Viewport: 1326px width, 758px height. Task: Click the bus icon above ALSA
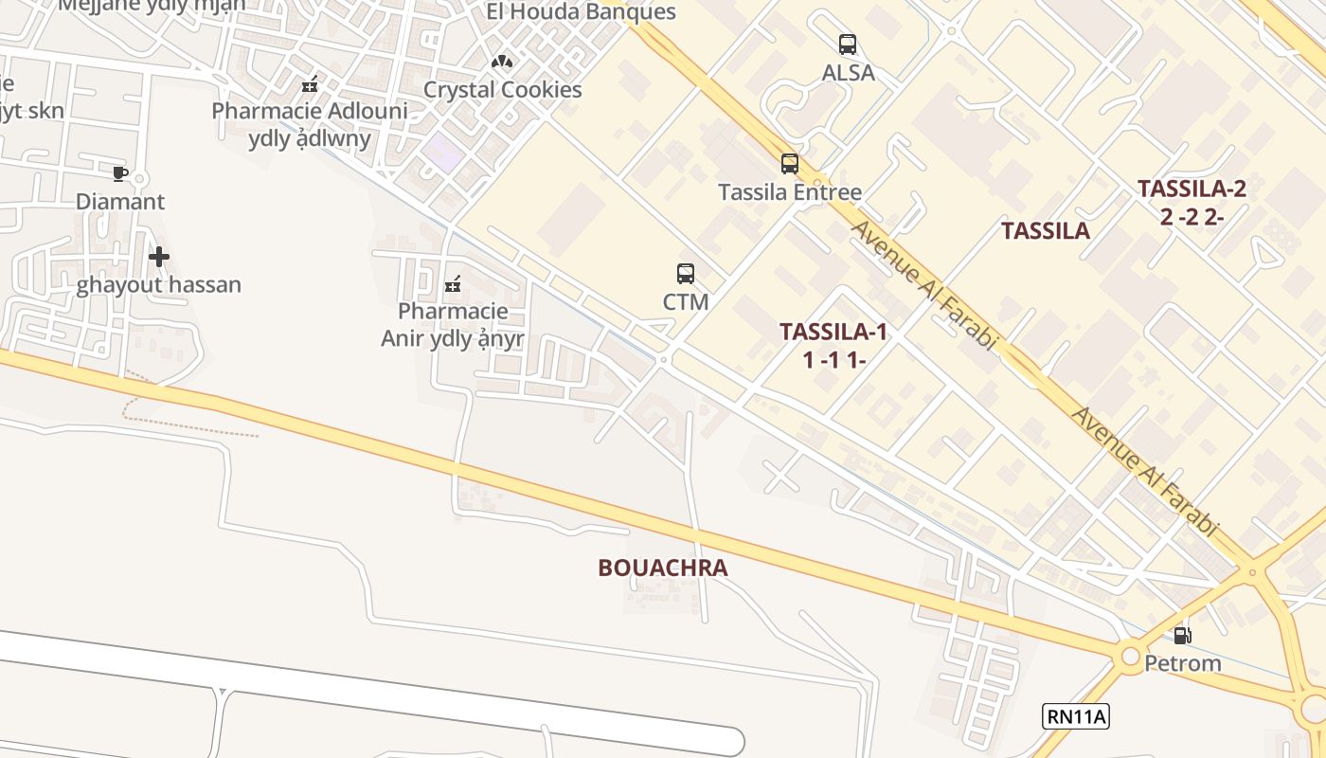point(848,44)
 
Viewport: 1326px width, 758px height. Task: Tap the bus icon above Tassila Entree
point(790,164)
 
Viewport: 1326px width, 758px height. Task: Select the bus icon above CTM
point(686,274)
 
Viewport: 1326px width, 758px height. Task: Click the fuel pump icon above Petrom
point(1182,636)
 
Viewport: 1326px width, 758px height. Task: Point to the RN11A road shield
point(1076,716)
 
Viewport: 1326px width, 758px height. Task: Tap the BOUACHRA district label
point(663,568)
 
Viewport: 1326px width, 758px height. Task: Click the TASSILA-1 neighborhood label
point(833,332)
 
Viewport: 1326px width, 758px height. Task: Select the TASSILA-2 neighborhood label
point(1192,189)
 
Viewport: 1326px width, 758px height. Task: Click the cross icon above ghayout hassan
point(159,257)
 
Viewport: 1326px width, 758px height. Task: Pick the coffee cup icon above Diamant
point(119,173)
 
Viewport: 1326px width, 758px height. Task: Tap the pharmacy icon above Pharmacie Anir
point(453,283)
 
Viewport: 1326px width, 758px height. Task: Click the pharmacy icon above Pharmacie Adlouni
point(309,84)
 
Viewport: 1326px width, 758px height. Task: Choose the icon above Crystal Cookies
point(502,63)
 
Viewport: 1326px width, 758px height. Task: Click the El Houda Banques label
point(581,12)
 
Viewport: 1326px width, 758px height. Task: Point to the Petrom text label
point(1183,663)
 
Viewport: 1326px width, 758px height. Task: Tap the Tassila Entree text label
point(790,192)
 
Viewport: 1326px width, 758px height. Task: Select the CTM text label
point(686,302)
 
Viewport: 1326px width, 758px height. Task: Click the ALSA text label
point(848,73)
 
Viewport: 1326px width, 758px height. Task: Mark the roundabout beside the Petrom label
point(1129,657)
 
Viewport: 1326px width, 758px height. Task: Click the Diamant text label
point(120,202)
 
